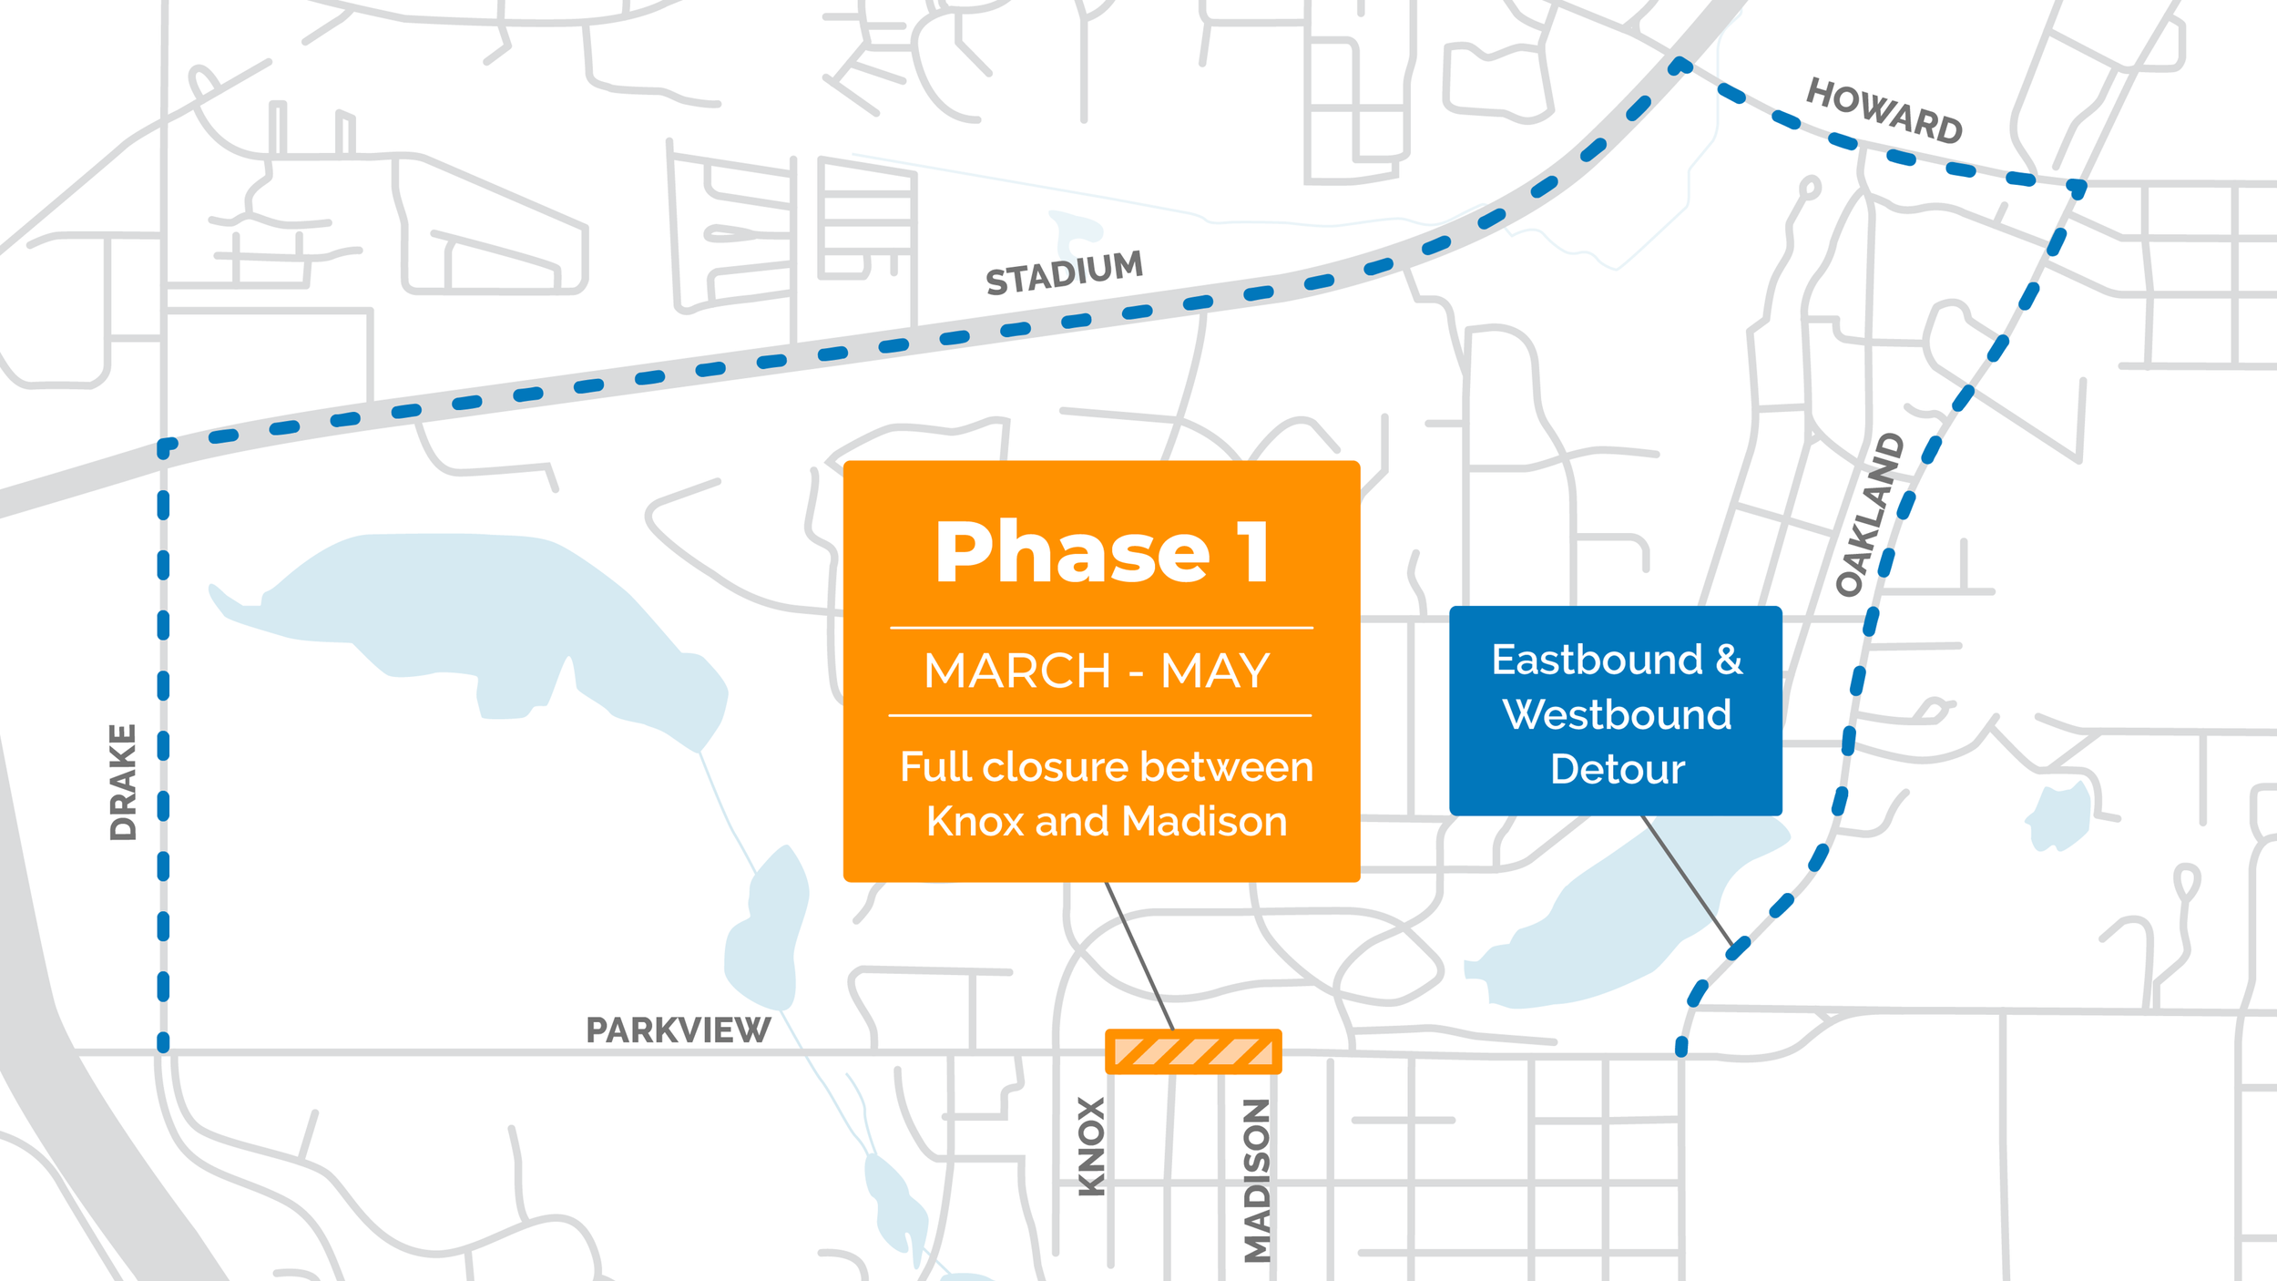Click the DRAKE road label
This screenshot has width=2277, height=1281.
pos(123,782)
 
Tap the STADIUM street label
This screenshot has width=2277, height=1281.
pos(1064,272)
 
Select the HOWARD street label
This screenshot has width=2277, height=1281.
pos(1884,111)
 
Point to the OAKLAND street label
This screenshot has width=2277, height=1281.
pos(1869,515)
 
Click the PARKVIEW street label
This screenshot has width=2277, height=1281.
pos(678,1030)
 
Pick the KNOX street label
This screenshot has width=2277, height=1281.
pos(1091,1146)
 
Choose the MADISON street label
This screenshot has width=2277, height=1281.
pos(1257,1180)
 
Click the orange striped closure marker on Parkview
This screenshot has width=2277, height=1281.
pos(1193,1052)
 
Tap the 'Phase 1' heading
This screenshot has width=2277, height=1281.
pos(1102,552)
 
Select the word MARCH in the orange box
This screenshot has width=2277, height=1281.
pos(1017,671)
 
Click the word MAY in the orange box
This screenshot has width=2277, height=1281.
pos(1215,671)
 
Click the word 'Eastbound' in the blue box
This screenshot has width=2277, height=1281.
pos(1597,660)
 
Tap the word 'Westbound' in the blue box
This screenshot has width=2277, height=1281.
pos(1617,714)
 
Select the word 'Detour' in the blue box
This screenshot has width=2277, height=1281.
pos(1617,770)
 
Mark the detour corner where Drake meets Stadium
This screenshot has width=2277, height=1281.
pos(164,448)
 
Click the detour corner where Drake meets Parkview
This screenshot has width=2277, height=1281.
pos(164,1046)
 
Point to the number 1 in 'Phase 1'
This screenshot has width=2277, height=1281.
pos(1255,552)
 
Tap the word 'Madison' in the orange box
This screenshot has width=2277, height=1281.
pos(1204,822)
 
